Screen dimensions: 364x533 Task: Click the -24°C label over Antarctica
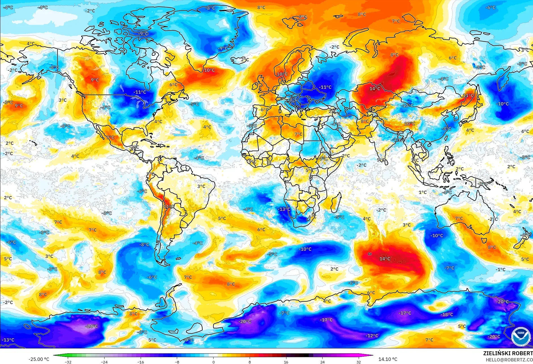[x=92, y=326]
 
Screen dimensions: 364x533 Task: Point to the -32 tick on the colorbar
[x=68, y=362]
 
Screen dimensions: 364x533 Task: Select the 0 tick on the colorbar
[x=213, y=362]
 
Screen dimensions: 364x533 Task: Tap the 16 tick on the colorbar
[x=286, y=362]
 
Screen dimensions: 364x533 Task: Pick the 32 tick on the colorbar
[x=358, y=362]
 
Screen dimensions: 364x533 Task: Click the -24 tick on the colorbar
[x=105, y=362]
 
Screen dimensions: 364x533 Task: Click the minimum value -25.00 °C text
[x=39, y=359]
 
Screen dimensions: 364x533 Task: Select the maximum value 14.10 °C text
[x=388, y=359]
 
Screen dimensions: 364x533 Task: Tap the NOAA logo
[x=521, y=336]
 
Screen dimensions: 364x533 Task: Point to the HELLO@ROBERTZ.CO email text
[x=509, y=360]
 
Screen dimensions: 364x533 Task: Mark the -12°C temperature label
[x=372, y=336]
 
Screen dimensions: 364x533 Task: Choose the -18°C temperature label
[x=447, y=314]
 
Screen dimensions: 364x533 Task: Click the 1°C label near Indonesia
[x=423, y=192]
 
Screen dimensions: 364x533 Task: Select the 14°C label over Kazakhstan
[x=375, y=89]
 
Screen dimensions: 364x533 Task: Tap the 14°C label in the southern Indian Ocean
[x=385, y=259]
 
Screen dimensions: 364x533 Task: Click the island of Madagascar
[x=335, y=202]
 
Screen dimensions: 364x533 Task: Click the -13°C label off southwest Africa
[x=284, y=209]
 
